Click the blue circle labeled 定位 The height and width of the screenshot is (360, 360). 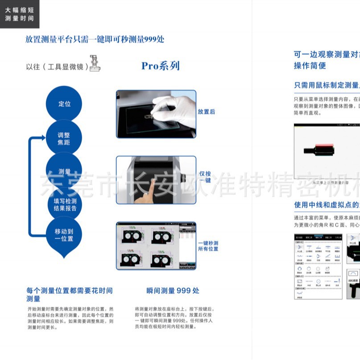click(x=64, y=103)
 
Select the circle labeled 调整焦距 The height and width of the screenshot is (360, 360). click(x=64, y=138)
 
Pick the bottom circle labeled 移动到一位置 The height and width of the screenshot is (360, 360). click(x=64, y=235)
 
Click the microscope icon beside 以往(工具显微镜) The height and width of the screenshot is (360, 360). click(x=95, y=63)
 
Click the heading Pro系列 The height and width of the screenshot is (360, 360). click(x=160, y=66)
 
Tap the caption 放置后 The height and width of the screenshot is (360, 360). click(x=206, y=112)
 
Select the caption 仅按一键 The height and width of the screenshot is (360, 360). click(x=205, y=177)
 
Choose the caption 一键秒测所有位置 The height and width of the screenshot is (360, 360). click(x=208, y=246)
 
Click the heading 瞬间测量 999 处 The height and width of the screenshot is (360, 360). click(x=173, y=291)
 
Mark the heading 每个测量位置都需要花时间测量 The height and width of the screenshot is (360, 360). click(x=69, y=294)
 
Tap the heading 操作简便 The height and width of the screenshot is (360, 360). click(x=310, y=66)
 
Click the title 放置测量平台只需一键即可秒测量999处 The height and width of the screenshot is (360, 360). click(x=95, y=39)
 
